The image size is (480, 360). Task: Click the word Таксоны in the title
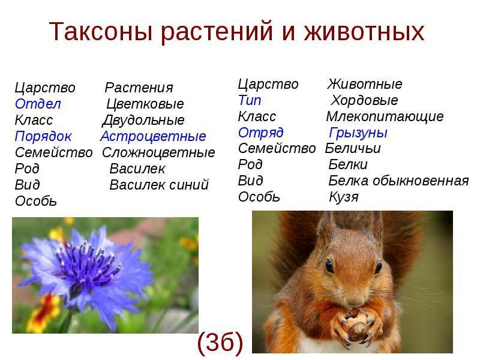[x=101, y=31]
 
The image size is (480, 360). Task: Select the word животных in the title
[x=364, y=31]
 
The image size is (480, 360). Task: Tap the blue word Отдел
[x=38, y=104]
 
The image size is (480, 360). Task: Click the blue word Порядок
[x=43, y=137]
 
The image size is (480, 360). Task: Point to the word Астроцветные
[x=153, y=137]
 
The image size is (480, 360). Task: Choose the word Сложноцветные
[x=158, y=152]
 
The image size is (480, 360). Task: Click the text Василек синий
[x=159, y=185]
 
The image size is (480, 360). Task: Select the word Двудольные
[x=143, y=121]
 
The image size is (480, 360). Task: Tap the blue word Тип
[x=250, y=100]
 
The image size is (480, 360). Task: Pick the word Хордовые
[x=364, y=100]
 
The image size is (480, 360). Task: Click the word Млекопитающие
[x=385, y=116]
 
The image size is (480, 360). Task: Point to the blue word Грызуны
[x=358, y=133]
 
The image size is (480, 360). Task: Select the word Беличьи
[x=353, y=148]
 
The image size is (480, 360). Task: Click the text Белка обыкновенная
[x=398, y=181]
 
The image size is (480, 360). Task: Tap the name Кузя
[x=343, y=197]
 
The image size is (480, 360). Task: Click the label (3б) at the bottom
[x=220, y=343]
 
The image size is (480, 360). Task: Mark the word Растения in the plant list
[x=139, y=88]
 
